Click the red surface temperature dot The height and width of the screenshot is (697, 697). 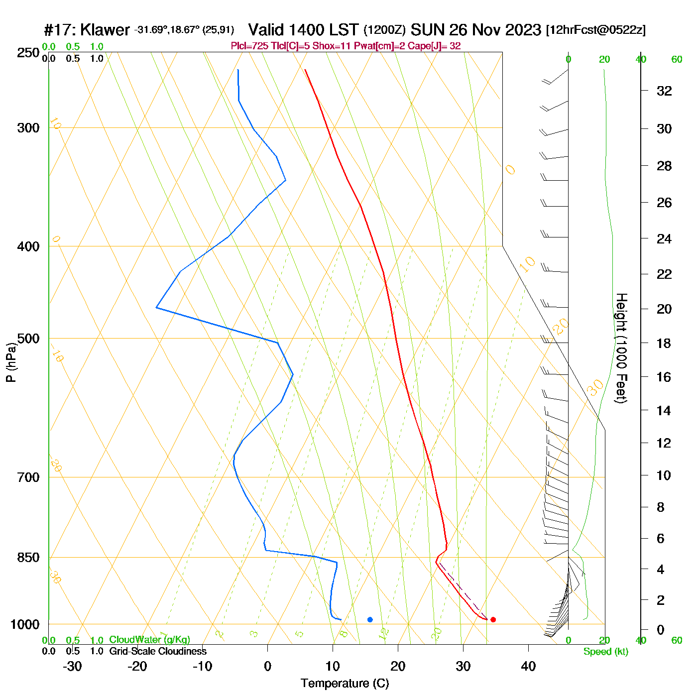pyautogui.click(x=493, y=619)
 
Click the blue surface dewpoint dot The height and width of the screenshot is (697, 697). pyautogui.click(x=370, y=619)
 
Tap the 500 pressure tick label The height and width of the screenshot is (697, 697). pyautogui.click(x=28, y=339)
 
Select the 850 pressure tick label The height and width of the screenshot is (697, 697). pyautogui.click(x=28, y=558)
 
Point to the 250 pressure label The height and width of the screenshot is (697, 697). pyautogui.click(x=28, y=53)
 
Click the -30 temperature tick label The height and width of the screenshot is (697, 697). pyautogui.click(x=72, y=666)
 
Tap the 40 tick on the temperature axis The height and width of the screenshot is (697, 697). pyautogui.click(x=528, y=666)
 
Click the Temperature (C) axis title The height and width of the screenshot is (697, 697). pyautogui.click(x=345, y=684)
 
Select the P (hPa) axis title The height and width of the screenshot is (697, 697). pyautogui.click(x=11, y=362)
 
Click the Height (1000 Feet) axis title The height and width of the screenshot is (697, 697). pyautogui.click(x=621, y=348)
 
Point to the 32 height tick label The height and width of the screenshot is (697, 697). pyautogui.click(x=664, y=91)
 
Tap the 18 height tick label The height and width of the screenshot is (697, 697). pyautogui.click(x=664, y=343)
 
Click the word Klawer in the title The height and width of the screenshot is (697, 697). pyautogui.click(x=105, y=30)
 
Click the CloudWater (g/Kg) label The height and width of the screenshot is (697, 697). pyautogui.click(x=149, y=640)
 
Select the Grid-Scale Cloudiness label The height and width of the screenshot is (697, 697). pyautogui.click(x=158, y=651)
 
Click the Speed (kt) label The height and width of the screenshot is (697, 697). pyautogui.click(x=606, y=652)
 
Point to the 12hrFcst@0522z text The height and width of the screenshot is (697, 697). pyautogui.click(x=595, y=30)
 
